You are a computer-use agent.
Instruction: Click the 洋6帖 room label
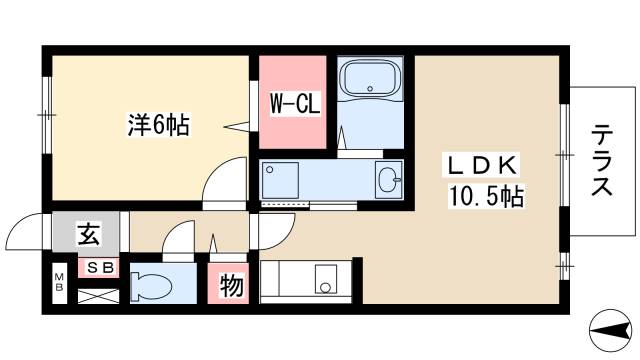[x=158, y=126]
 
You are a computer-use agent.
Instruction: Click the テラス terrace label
[x=602, y=160]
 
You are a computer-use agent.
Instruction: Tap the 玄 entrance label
[x=88, y=236]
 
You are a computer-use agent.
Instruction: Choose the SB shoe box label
[x=96, y=268]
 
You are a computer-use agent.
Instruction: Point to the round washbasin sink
[x=388, y=180]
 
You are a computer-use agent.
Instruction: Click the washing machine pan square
[x=282, y=180]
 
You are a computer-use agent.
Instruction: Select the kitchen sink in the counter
[x=326, y=278]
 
